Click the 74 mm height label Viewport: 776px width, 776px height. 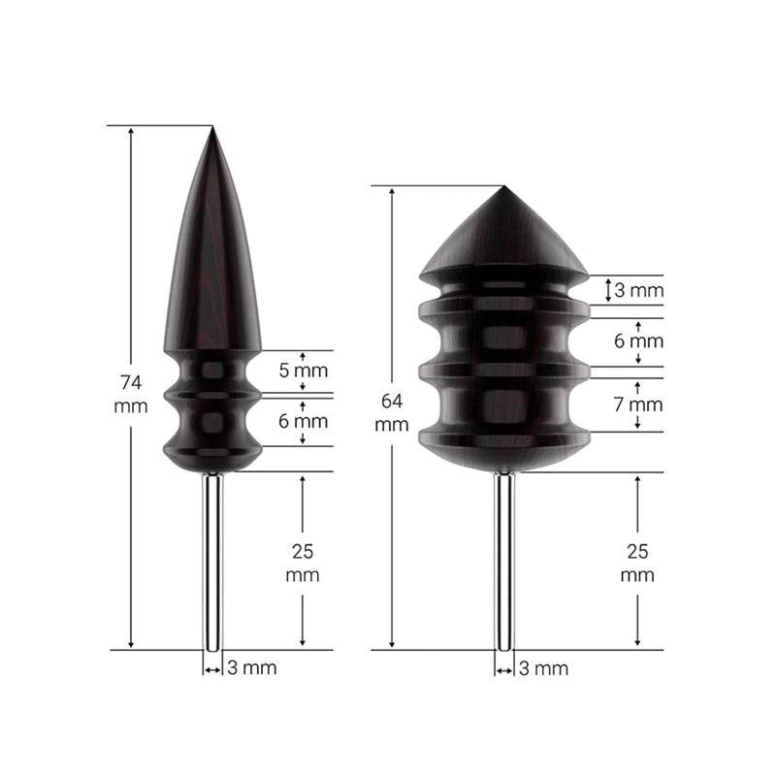(131, 392)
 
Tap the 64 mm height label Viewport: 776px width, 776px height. (391, 412)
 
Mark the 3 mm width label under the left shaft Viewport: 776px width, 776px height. (251, 667)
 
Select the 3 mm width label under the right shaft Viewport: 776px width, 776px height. (543, 667)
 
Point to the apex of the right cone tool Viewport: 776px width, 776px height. (502, 188)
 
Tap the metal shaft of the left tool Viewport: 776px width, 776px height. (211, 563)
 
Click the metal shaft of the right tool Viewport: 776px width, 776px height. (503, 563)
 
